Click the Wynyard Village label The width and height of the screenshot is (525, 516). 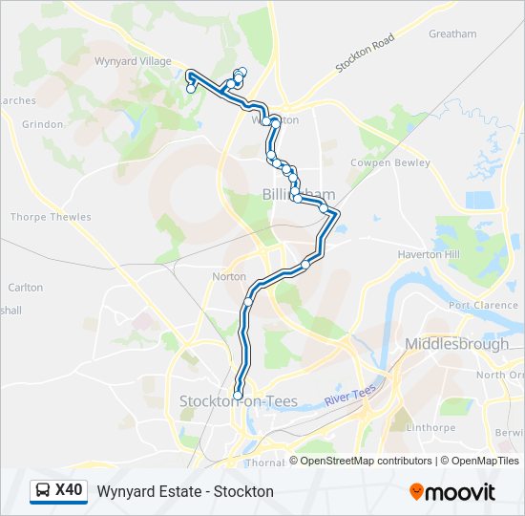pyautogui.click(x=132, y=61)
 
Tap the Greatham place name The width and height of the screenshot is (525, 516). pyautogui.click(x=452, y=34)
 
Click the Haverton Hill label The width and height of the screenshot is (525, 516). pyautogui.click(x=429, y=255)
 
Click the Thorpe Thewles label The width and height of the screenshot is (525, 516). pyautogui.click(x=51, y=217)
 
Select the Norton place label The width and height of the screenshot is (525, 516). pyautogui.click(x=229, y=277)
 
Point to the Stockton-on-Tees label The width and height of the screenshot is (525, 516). pyautogui.click(x=239, y=401)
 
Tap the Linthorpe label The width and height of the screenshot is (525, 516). pyautogui.click(x=436, y=427)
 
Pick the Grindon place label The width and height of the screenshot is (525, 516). pyautogui.click(x=43, y=124)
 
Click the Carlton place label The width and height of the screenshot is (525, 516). pyautogui.click(x=25, y=287)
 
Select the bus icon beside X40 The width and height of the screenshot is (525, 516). pyautogui.click(x=44, y=491)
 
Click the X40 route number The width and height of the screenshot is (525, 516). pyautogui.click(x=69, y=491)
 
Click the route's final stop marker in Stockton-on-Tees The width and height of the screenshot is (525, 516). pyautogui.click(x=238, y=395)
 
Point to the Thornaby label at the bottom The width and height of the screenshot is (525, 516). pyautogui.click(x=263, y=462)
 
